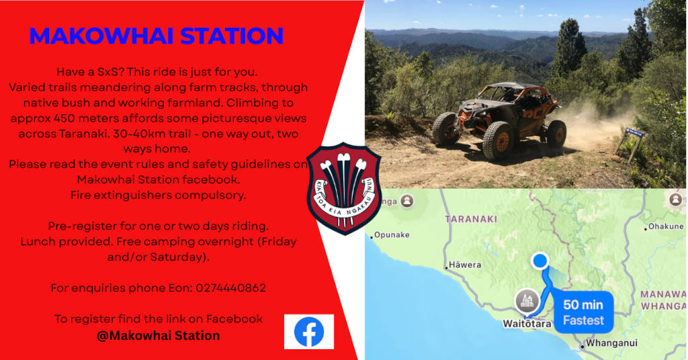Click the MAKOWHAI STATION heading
[x=156, y=36]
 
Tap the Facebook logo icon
[x=309, y=332]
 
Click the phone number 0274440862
[x=231, y=288]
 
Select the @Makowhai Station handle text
[x=159, y=335]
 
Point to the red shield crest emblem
[x=344, y=189]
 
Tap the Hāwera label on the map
[x=464, y=265]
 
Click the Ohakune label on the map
[x=664, y=226]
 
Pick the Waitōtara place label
[x=527, y=324]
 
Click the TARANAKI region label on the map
[x=471, y=219]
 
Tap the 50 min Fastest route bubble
[x=583, y=312]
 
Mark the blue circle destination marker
[x=540, y=261]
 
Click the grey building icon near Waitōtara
[x=527, y=301]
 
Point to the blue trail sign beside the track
[x=634, y=132]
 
